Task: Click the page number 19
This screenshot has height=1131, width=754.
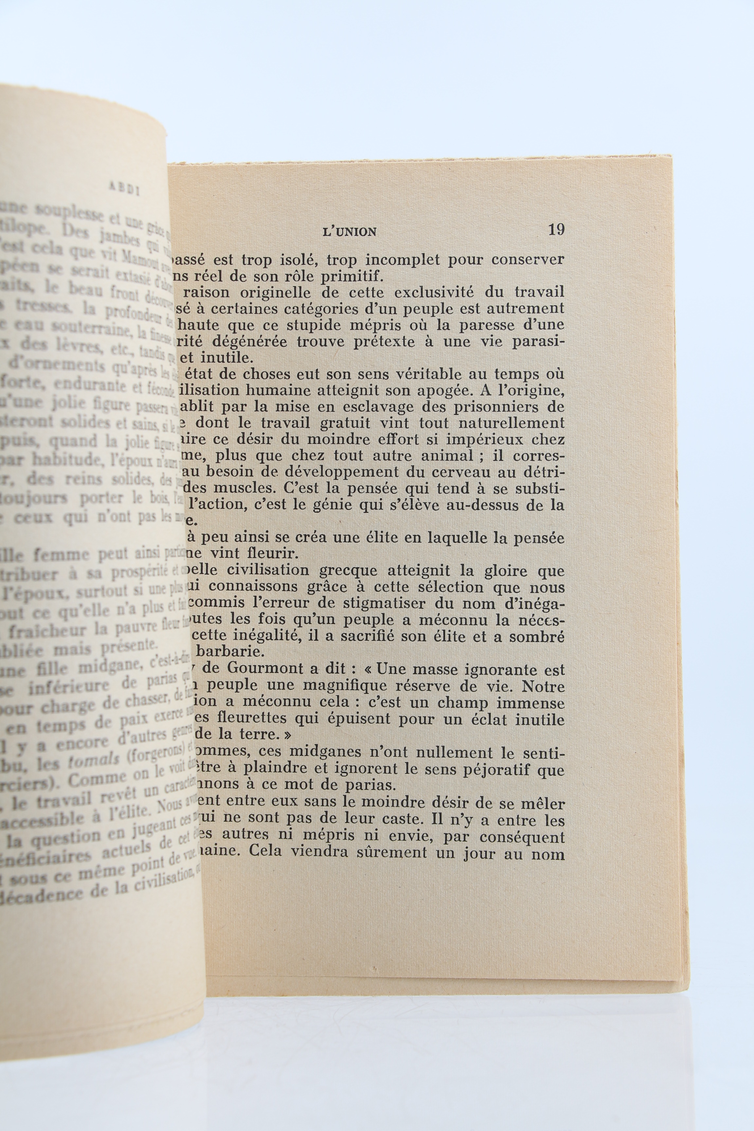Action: point(556,230)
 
